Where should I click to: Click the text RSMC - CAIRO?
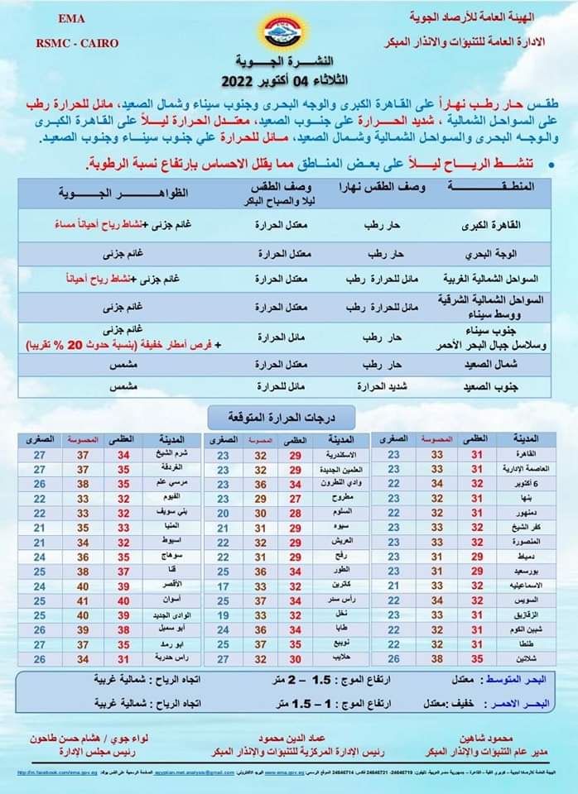click(77, 43)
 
